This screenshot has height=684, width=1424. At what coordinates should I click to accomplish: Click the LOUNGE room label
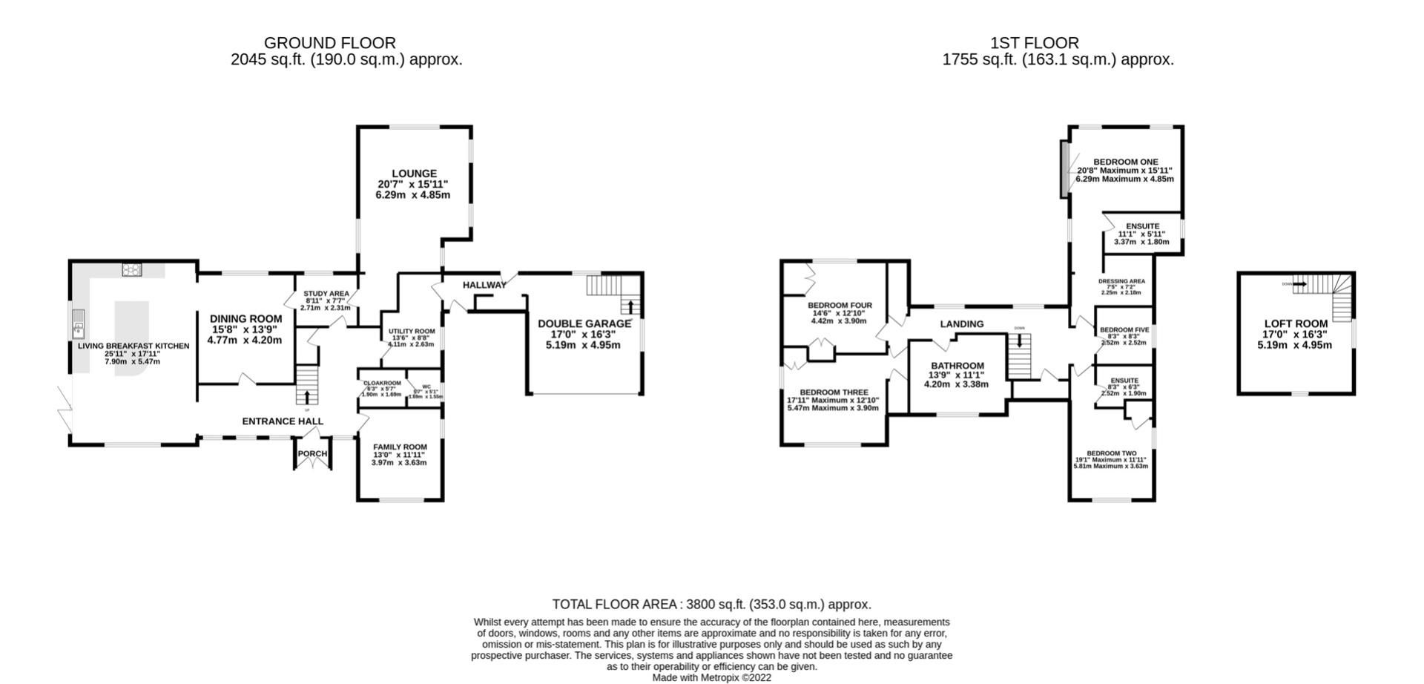414,174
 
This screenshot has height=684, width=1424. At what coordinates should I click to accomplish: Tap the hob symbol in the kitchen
132,270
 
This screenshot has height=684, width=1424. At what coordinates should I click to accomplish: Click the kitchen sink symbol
78,323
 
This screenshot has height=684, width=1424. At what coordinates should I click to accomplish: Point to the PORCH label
312,454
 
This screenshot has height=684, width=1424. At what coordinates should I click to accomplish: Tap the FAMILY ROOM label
400,447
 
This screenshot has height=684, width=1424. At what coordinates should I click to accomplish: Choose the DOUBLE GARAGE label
584,323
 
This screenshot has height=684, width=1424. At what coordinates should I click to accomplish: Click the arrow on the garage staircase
630,306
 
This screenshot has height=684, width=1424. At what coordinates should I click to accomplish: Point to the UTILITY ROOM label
412,332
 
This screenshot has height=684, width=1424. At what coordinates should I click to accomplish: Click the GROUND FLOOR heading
329,43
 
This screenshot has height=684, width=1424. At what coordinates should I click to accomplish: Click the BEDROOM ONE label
1125,162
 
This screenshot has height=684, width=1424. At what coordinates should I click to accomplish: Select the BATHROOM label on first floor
957,366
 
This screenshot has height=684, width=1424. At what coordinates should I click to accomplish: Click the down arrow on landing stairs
1020,341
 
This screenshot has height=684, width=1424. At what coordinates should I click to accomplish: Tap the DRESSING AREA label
1121,281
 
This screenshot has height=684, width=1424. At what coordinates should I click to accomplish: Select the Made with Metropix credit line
711,677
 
